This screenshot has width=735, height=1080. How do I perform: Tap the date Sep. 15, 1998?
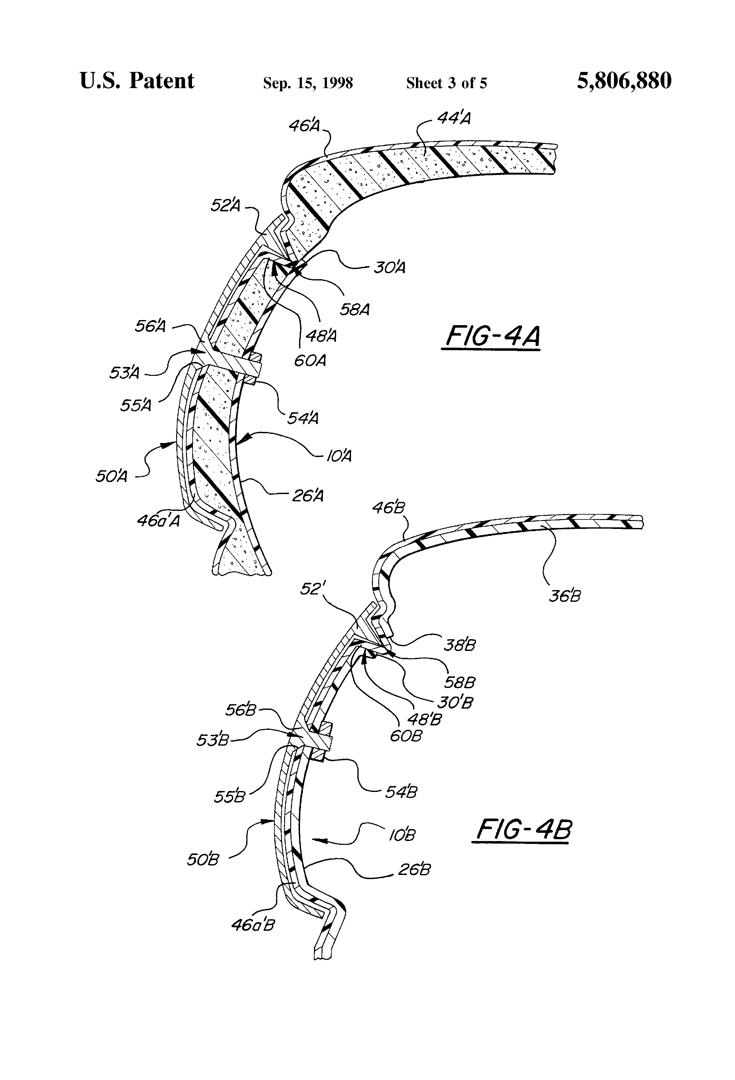pos(308,83)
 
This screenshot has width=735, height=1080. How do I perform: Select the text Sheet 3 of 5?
pos(446,83)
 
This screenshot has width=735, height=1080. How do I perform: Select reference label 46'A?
pos(304,125)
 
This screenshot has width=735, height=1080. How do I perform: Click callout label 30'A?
pos(389,268)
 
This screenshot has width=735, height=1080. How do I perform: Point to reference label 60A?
pos(310,360)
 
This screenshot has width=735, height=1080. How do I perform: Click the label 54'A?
pos(303,418)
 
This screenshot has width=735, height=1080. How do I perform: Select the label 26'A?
pos(308,496)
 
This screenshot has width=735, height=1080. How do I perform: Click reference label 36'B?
pos(565,596)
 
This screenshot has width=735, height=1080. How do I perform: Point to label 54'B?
pos(401,791)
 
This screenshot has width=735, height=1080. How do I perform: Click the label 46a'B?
pos(253,925)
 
